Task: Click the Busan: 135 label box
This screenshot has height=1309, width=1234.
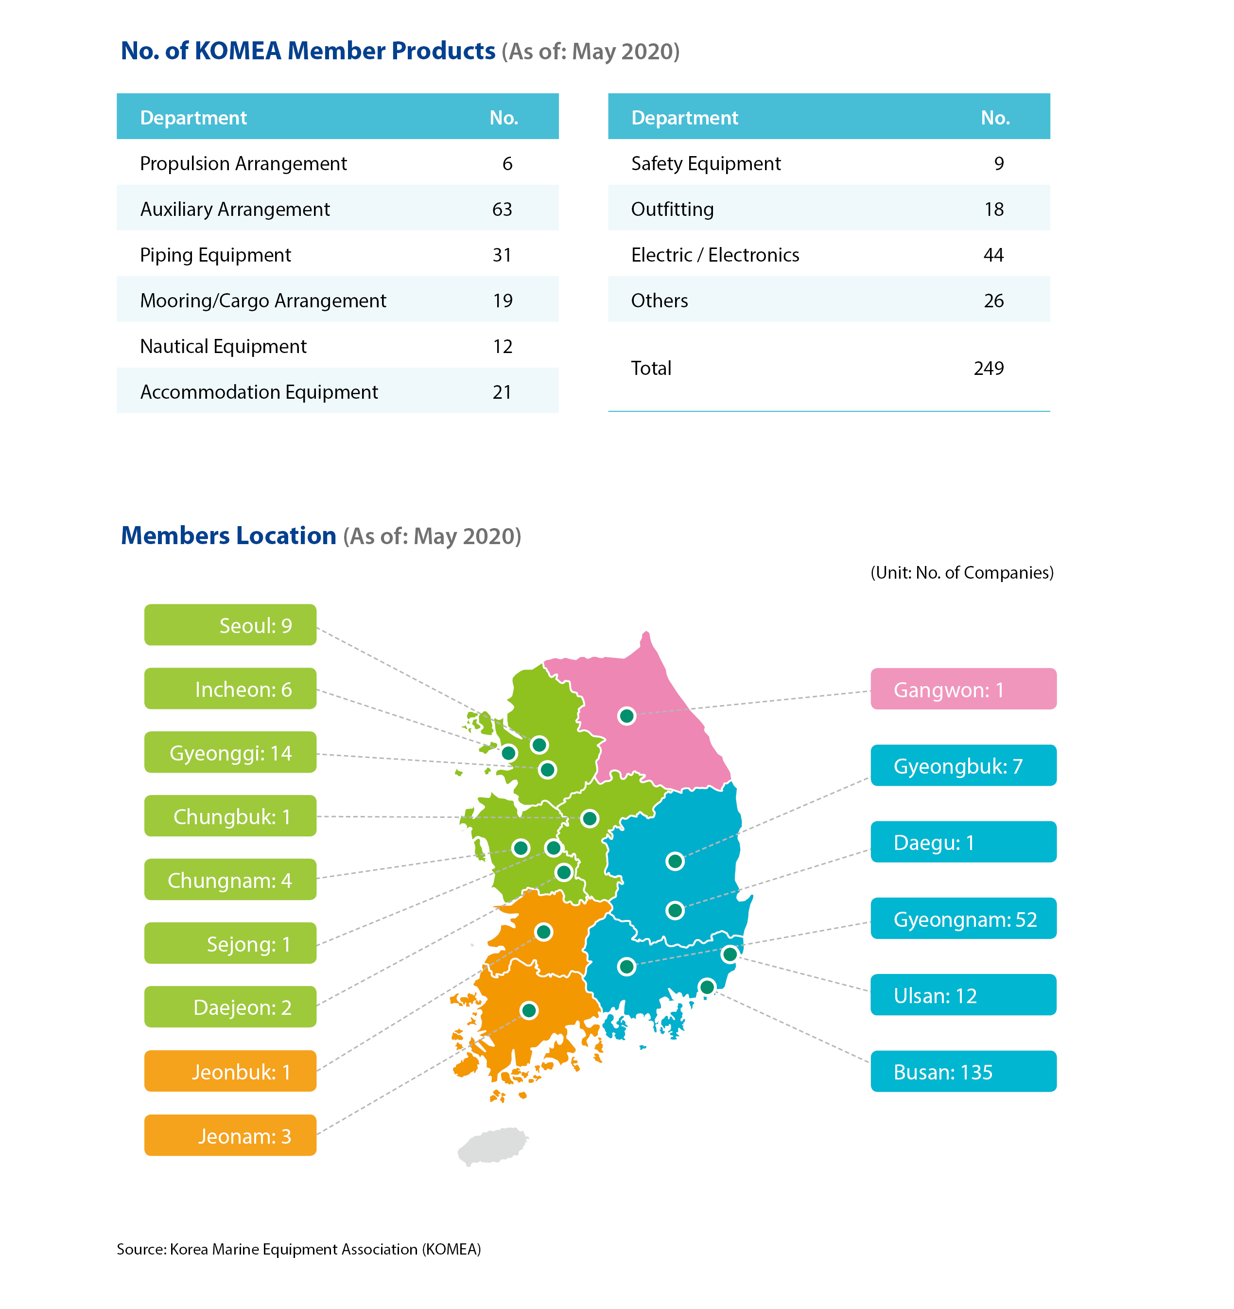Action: [963, 1071]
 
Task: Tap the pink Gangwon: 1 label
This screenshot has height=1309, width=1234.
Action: [963, 689]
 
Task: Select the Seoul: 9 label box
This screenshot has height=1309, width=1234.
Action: [230, 625]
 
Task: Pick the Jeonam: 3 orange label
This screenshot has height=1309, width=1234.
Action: [230, 1135]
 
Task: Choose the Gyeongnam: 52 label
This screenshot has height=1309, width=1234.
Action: [963, 918]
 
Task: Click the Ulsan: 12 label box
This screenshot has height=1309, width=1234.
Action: [963, 994]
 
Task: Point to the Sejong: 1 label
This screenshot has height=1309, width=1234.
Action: [230, 943]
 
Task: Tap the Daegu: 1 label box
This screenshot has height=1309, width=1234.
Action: [963, 842]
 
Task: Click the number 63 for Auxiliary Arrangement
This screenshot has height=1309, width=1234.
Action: [502, 210]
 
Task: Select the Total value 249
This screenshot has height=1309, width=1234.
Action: [989, 368]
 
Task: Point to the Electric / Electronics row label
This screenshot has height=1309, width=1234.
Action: [715, 255]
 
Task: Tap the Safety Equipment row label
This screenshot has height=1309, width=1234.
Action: [706, 164]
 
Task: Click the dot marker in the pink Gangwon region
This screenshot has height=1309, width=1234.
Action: [626, 716]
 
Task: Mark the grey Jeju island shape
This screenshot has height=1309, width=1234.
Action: [492, 1146]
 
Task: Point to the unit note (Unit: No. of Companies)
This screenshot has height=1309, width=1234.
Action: [961, 573]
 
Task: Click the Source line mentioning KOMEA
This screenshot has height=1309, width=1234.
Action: [299, 1249]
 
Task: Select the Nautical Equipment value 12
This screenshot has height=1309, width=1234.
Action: [502, 346]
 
